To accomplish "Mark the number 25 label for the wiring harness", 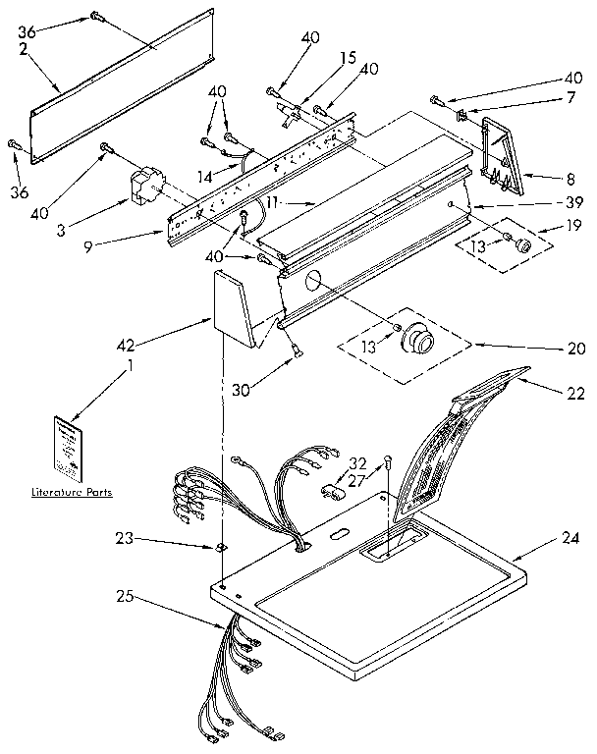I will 126,595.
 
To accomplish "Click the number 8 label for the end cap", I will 569,180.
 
